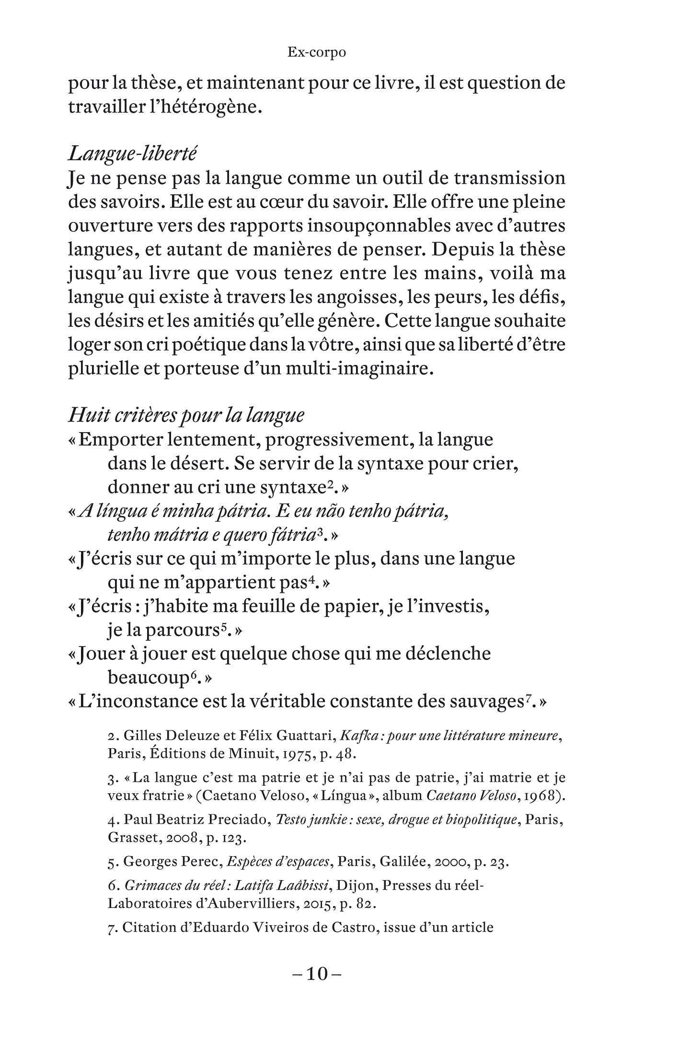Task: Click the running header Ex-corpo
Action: pos(316,52)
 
